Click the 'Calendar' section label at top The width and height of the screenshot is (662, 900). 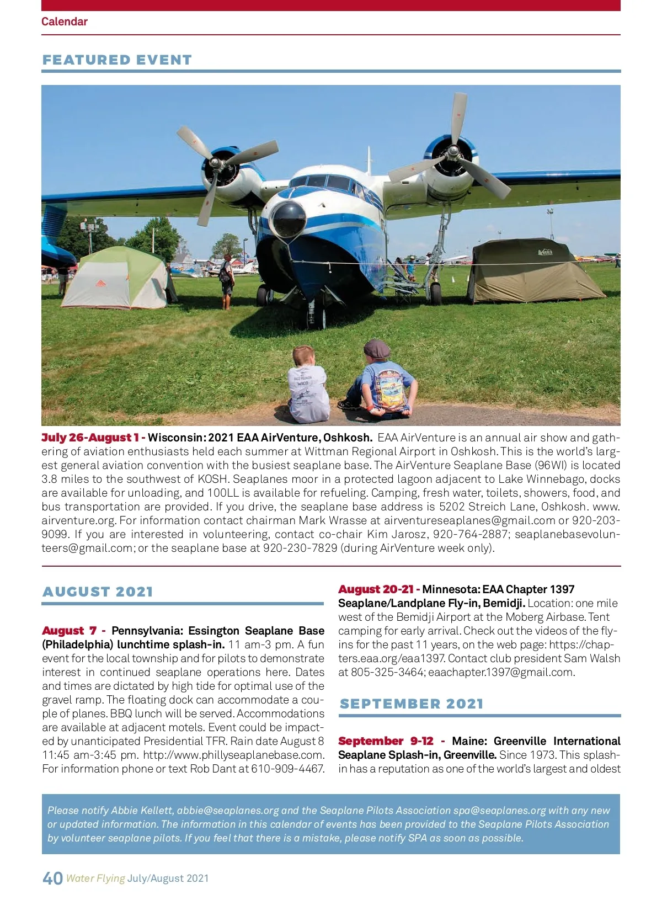click(64, 22)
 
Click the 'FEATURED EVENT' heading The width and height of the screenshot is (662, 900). click(117, 60)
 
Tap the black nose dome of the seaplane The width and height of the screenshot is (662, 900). click(288, 218)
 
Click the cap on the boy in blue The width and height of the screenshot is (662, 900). click(377, 349)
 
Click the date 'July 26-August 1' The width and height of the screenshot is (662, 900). click(90, 438)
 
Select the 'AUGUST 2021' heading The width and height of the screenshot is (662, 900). click(98, 592)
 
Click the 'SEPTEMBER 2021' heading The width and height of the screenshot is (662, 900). click(412, 704)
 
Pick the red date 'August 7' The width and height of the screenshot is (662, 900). click(70, 631)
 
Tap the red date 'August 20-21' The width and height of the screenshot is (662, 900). click(376, 589)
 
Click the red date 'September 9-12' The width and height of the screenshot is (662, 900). click(386, 741)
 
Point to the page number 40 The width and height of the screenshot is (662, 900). click(52, 878)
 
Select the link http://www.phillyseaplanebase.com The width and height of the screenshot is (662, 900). click(233, 755)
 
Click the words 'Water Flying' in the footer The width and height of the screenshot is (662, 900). click(95, 878)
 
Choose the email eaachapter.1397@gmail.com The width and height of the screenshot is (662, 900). click(501, 672)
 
